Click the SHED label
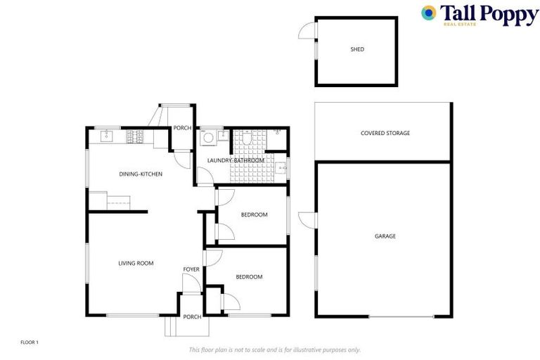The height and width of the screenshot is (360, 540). [x=357, y=49]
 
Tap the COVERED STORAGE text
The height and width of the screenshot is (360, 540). [x=385, y=133]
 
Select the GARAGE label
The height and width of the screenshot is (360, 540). [x=385, y=236]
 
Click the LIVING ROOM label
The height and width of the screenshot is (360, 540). [x=136, y=264]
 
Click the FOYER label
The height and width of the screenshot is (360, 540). [x=191, y=269]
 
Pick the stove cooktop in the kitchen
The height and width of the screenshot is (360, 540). [x=134, y=137]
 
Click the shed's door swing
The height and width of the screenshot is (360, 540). [x=307, y=30]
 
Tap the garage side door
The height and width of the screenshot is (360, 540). [x=307, y=219]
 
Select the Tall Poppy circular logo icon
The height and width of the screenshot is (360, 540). [x=428, y=13]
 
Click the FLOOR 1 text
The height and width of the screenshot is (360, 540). [x=30, y=342]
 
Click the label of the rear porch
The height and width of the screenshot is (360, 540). [x=183, y=128]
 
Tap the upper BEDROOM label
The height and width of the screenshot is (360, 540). [x=254, y=214]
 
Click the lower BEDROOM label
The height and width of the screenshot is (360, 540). [x=249, y=277]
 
